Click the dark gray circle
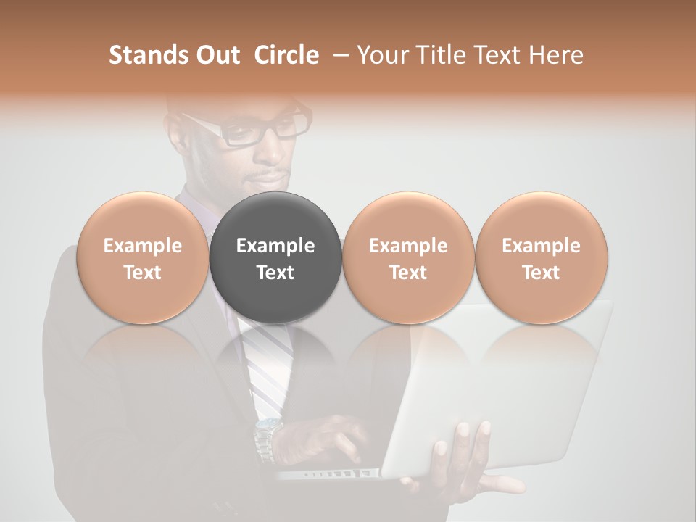(x=275, y=257)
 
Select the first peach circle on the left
(x=143, y=257)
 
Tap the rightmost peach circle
(x=541, y=257)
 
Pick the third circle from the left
(x=408, y=257)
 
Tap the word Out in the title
(x=216, y=55)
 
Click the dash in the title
(x=338, y=55)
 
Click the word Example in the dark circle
(x=275, y=246)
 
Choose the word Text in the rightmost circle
(x=541, y=273)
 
